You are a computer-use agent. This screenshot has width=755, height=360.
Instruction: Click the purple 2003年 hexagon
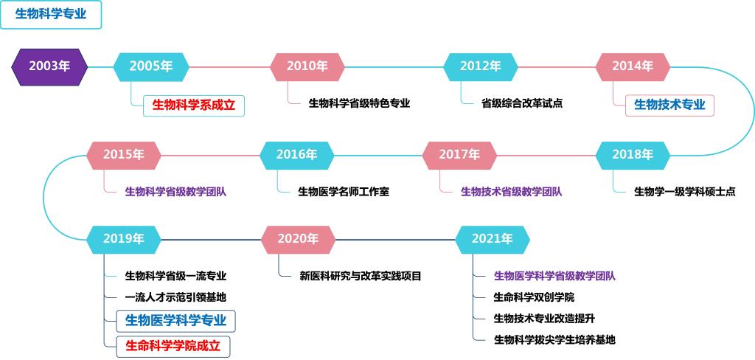[49, 67]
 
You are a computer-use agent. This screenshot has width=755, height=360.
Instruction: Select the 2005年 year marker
[151, 67]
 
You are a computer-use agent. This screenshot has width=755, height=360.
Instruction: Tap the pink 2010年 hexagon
[307, 67]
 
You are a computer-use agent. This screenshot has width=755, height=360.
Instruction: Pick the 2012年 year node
[481, 67]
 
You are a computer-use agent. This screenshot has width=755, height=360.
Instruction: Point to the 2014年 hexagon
[633, 67]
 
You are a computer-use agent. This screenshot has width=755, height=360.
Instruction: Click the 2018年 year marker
[633, 155]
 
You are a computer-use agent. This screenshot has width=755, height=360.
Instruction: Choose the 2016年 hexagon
[296, 155]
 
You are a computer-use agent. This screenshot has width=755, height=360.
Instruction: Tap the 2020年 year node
[299, 240]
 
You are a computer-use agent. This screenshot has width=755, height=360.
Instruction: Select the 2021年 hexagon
[493, 240]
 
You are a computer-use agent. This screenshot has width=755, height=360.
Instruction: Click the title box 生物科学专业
[51, 15]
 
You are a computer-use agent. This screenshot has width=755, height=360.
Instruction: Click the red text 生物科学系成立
[194, 105]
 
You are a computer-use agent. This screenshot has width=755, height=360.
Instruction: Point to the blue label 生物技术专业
[669, 105]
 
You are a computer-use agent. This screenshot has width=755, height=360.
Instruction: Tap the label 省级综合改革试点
[522, 103]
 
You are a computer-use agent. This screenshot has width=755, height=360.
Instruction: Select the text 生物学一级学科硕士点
[684, 193]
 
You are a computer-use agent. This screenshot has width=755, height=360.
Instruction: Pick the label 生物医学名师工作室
[344, 193]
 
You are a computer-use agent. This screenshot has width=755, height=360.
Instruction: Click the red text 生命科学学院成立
[173, 346]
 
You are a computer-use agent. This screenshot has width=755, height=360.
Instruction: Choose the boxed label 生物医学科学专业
[175, 320]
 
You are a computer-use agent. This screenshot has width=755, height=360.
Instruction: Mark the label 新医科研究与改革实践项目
[361, 277]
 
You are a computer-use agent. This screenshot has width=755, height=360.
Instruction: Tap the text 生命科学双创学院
[534, 298]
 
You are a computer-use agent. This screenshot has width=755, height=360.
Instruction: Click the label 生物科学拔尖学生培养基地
[554, 340]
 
